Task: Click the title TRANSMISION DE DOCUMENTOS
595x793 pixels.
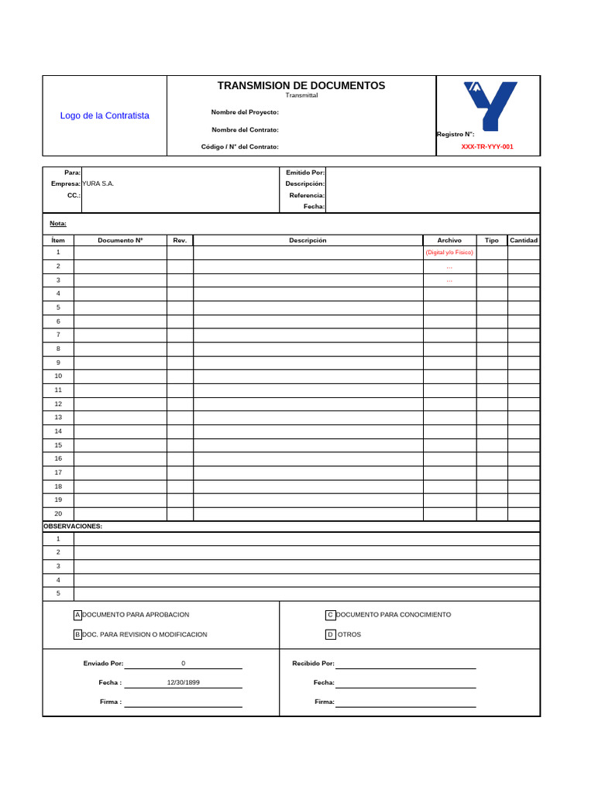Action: [301, 86]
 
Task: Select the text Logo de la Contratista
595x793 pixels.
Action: [105, 115]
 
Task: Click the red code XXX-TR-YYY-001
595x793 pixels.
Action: [487, 146]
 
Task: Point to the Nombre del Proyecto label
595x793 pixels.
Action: [245, 112]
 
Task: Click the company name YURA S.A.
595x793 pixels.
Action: [98, 184]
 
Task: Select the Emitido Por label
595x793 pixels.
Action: [305, 172]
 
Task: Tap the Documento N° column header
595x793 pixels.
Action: [120, 240]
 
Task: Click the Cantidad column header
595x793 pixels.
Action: [523, 240]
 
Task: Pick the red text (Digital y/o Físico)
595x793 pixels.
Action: [449, 252]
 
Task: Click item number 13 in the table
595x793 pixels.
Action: [58, 417]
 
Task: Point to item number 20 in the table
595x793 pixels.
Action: [58, 513]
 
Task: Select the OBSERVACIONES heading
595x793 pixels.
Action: [73, 527]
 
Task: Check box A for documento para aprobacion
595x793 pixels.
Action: [77, 615]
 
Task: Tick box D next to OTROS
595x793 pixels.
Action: [330, 634]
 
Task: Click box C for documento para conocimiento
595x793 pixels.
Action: [330, 615]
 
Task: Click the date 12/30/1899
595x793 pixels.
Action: [183, 682]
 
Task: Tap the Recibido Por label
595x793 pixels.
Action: [313, 664]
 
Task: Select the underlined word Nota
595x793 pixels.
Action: [58, 224]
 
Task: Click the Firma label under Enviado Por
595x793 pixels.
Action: [111, 702]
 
